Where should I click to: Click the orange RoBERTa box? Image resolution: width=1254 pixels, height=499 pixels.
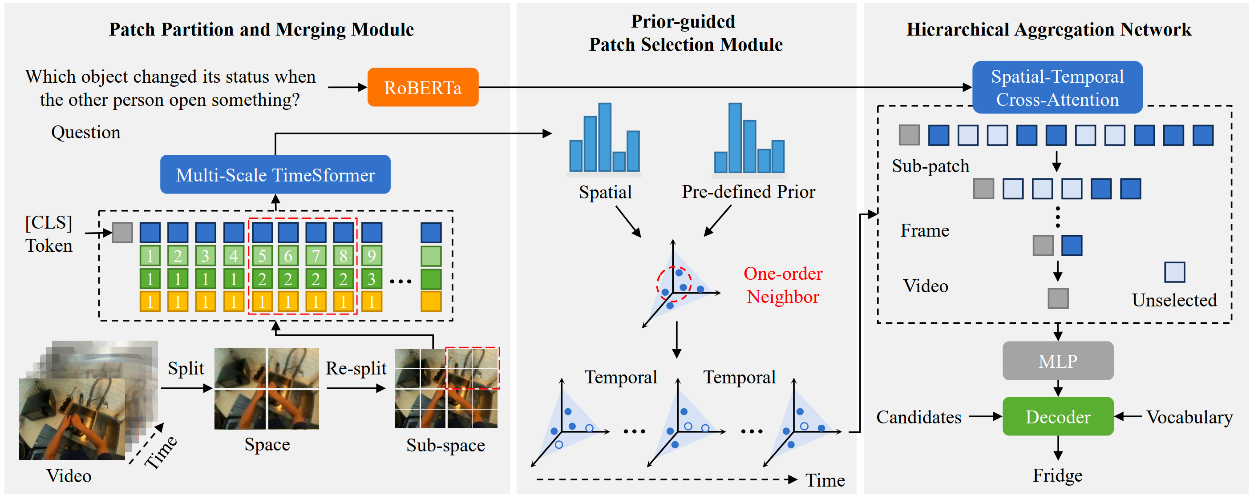pos(423,88)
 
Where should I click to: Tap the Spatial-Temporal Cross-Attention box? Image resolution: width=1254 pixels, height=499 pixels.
pos(1057,88)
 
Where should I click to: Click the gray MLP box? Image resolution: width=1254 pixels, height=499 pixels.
pos(1058,361)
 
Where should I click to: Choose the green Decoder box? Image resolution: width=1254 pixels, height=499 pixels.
pos(1058,416)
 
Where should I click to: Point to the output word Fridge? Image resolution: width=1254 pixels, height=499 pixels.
pos(1058,475)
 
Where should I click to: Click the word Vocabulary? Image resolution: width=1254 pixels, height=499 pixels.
pos(1189,417)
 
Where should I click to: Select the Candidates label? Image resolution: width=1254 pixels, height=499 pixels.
pos(918,417)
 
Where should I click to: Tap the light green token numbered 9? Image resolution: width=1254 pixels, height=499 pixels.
pos(372,256)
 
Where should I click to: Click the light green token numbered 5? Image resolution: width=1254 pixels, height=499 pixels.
pos(263,256)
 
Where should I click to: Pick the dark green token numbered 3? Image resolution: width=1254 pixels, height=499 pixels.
pos(372,279)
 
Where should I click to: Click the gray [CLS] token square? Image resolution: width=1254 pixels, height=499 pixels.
pos(122,233)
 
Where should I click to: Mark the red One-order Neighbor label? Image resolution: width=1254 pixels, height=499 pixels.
pos(783,285)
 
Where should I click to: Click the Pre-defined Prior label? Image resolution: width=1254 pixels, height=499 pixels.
pos(748,192)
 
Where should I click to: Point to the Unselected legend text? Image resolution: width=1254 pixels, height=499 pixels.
pos(1174,300)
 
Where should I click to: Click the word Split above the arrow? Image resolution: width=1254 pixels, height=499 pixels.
pos(186,368)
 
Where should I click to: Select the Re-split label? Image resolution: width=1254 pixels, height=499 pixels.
pos(356,368)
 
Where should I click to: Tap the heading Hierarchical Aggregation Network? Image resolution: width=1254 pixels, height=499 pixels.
pos(1048,30)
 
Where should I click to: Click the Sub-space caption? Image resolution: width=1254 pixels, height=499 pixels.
pos(445,445)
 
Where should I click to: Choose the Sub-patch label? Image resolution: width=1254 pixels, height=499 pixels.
pos(930,166)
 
